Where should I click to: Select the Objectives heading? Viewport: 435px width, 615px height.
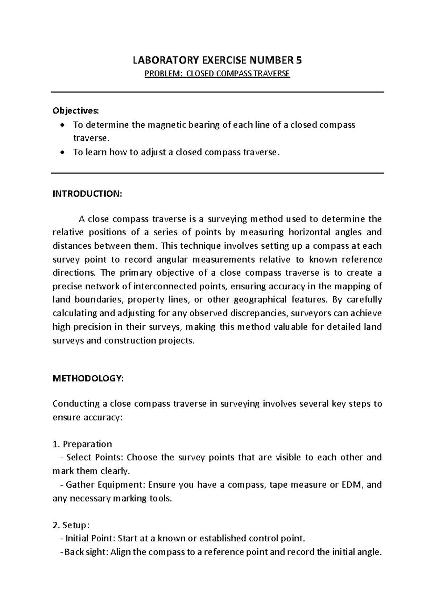(x=75, y=110)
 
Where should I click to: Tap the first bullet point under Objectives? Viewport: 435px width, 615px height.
(x=63, y=125)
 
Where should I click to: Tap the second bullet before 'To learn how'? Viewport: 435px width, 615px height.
(x=63, y=153)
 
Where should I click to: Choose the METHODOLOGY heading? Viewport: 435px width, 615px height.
(x=88, y=379)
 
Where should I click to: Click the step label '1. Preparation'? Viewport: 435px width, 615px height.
(x=82, y=444)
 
